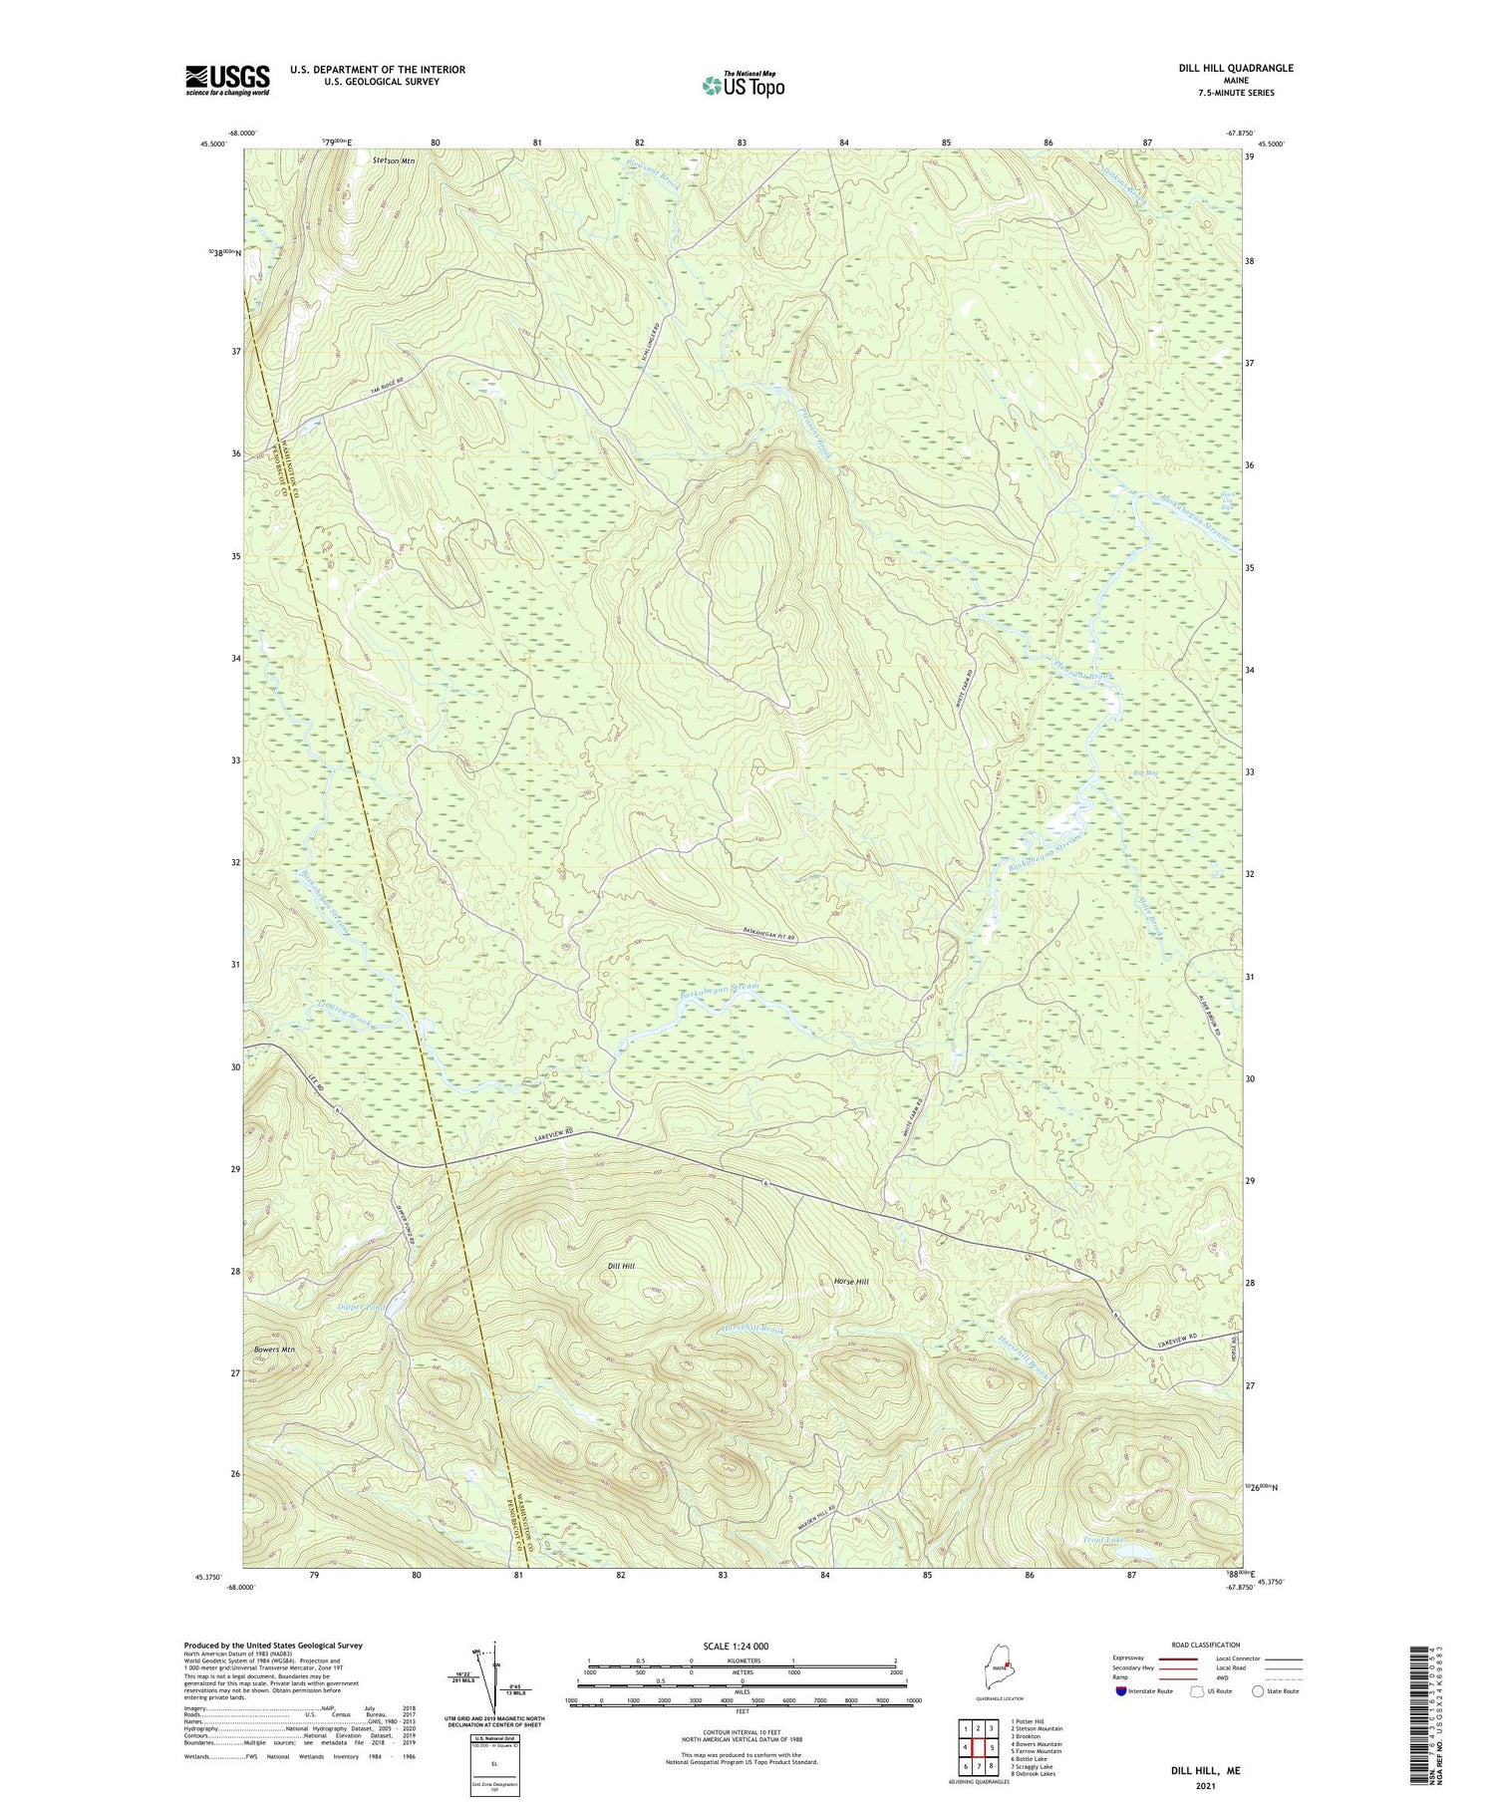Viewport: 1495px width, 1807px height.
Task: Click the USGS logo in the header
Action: coord(227,80)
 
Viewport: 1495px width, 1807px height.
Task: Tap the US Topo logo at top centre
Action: coord(743,86)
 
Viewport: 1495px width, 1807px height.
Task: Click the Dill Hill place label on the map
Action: coord(621,1266)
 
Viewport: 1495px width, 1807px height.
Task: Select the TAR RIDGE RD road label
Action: coord(368,392)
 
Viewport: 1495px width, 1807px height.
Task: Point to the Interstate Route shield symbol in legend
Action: coord(1121,1691)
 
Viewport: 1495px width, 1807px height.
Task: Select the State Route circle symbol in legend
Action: coord(1258,1691)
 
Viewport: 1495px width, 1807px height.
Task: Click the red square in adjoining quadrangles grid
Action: coord(992,1748)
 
